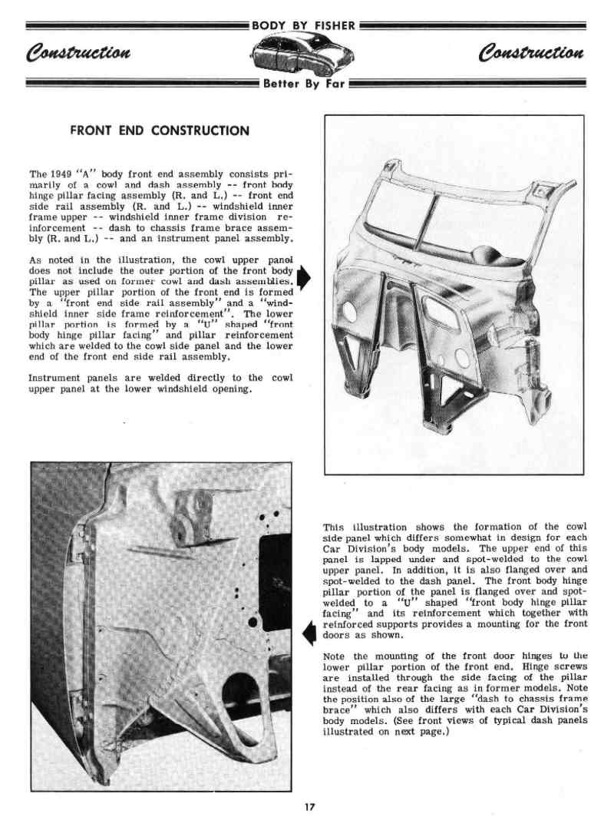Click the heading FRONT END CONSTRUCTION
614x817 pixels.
click(x=160, y=131)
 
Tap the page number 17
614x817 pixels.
click(x=309, y=806)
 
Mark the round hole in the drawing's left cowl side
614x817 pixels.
click(x=349, y=312)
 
